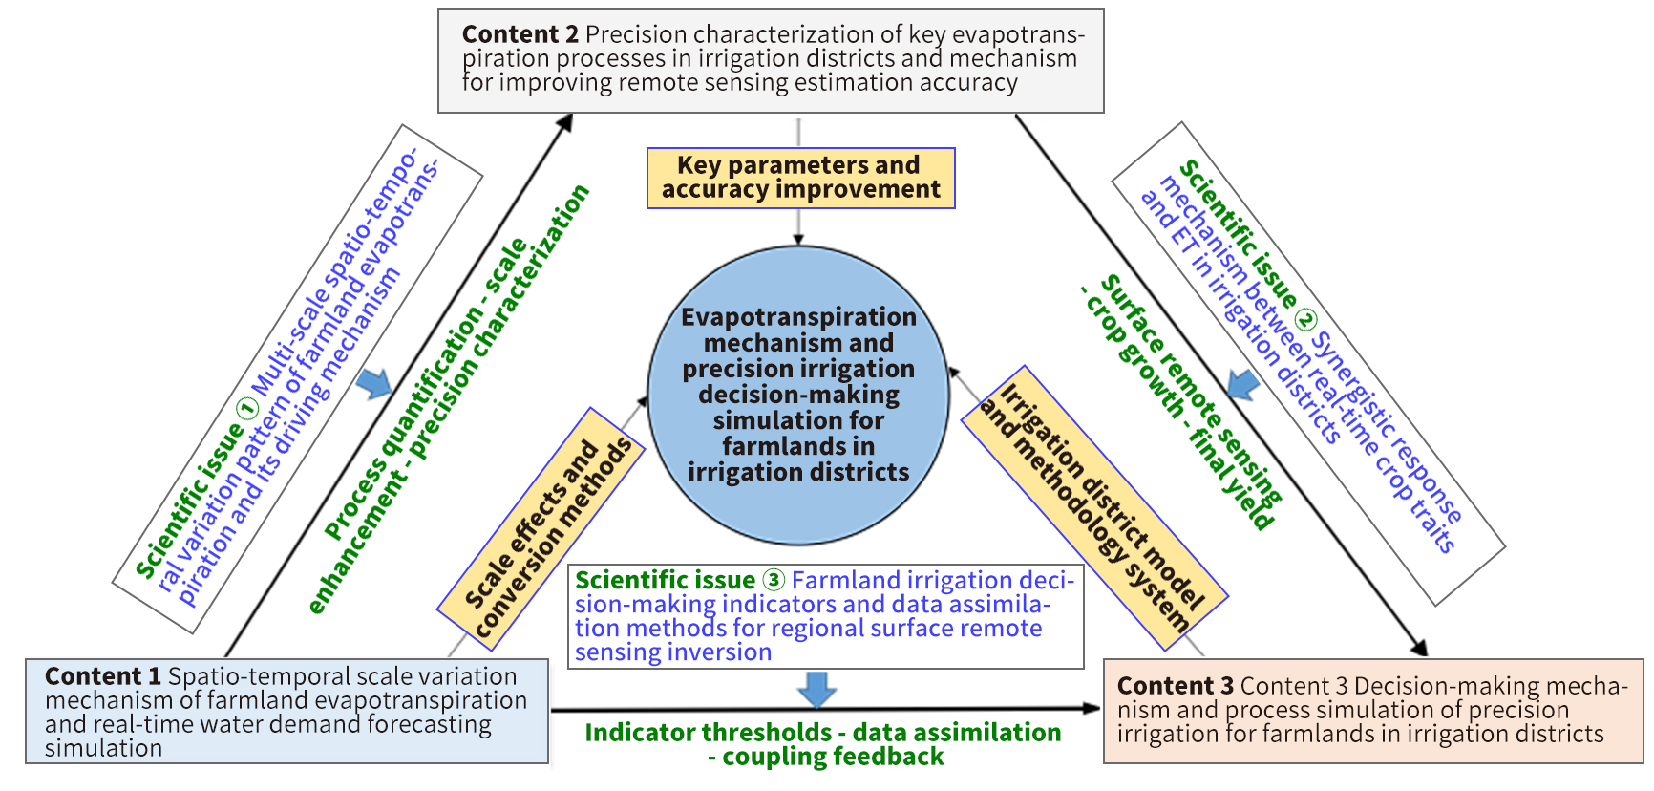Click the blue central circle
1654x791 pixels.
tap(798, 395)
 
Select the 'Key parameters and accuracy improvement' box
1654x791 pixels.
tap(800, 178)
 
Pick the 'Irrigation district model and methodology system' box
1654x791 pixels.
tap(1094, 508)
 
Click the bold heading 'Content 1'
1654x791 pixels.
tap(103, 676)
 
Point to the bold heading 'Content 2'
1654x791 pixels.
tap(520, 34)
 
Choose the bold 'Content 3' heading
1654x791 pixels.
tap(1175, 686)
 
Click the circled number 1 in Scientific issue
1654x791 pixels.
tap(246, 409)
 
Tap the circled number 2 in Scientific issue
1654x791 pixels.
tap(1304, 320)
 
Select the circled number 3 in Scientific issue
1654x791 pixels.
tap(774, 581)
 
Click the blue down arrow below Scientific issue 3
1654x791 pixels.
tap(816, 689)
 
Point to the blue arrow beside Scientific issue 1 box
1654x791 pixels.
tap(374, 384)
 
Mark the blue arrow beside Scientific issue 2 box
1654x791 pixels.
tap(1242, 385)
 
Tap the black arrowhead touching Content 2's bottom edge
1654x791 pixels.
tap(565, 122)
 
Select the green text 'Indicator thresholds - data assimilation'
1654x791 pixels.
tap(822, 733)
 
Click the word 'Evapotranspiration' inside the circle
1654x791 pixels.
tap(798, 317)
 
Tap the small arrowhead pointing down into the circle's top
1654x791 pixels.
tap(798, 240)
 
